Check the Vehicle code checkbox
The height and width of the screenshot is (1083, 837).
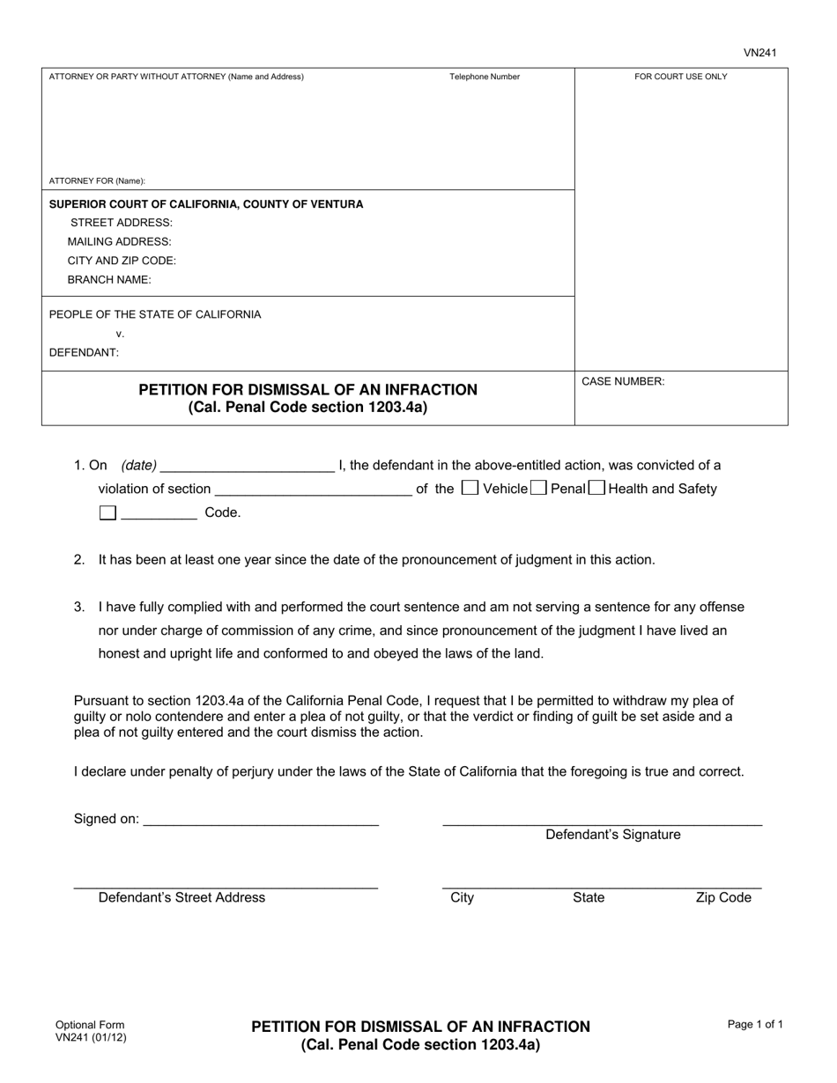tap(470, 488)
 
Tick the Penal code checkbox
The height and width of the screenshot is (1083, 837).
tap(537, 488)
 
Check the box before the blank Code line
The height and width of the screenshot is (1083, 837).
tap(107, 512)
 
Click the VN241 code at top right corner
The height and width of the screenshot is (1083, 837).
tap(759, 53)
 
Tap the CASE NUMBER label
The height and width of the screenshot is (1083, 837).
tap(623, 381)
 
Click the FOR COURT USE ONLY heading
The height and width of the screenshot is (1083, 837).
tap(681, 77)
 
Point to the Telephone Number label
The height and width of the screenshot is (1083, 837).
tap(485, 77)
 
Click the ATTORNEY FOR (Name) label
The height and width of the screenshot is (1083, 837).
tap(97, 180)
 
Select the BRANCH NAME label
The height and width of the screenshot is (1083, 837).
tap(109, 280)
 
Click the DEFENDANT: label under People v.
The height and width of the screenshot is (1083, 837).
tap(84, 352)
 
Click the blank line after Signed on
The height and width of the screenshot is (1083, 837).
tap(261, 819)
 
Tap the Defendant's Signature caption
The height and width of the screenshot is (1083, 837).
tap(612, 835)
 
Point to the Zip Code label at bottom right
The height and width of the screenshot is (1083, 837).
tap(723, 897)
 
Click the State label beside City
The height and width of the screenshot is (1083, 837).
tap(589, 897)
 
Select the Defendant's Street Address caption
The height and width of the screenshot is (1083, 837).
tap(181, 897)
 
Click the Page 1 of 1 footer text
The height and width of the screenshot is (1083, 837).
tap(755, 1024)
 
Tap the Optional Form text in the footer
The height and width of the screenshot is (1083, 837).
tap(90, 1025)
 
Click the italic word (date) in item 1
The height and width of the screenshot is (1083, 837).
tap(139, 465)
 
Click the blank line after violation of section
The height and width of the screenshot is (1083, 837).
tap(313, 489)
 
